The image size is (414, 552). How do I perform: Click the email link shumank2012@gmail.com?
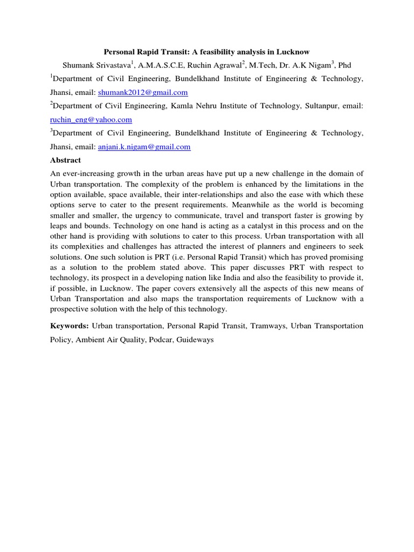[x=143, y=93]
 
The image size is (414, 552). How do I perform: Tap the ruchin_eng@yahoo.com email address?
[x=91, y=120]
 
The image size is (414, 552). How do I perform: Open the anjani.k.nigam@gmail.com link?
[x=144, y=147]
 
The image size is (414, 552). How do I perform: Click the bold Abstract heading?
[x=65, y=160]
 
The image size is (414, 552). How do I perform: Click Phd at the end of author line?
[x=343, y=66]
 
